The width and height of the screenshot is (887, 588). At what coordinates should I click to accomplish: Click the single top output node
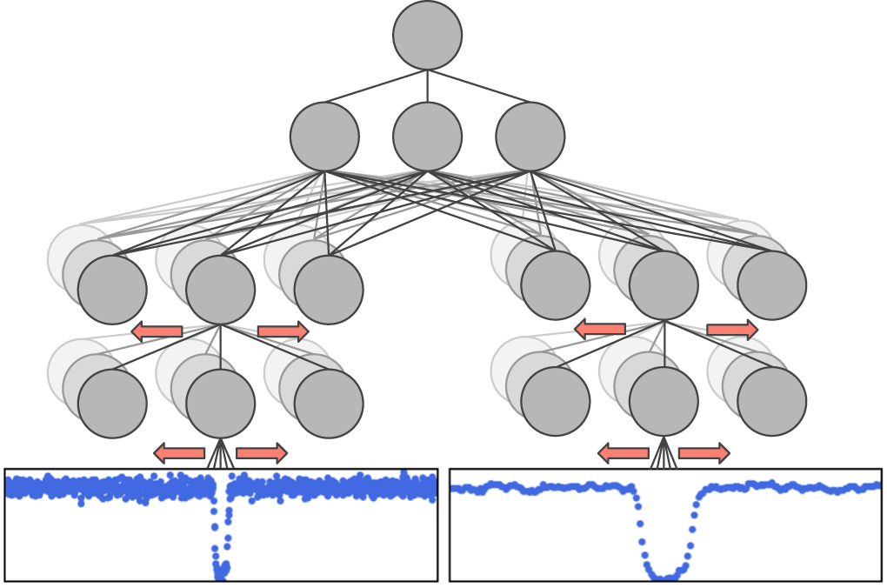tap(427, 36)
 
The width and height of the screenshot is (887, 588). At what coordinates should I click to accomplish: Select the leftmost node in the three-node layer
tap(324, 137)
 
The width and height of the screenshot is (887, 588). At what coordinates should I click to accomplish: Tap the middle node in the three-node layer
tap(427, 137)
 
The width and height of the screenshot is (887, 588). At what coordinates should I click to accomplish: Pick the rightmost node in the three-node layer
tap(530, 137)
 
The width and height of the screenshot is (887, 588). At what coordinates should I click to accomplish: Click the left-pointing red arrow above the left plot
tap(179, 453)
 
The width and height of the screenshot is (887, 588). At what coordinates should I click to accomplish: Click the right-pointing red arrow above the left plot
tap(262, 453)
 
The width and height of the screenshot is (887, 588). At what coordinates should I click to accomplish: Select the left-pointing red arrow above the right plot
tap(624, 453)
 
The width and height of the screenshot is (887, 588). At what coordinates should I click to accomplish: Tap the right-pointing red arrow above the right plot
tap(704, 453)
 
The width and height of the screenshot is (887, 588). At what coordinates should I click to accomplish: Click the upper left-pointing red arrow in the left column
tap(157, 331)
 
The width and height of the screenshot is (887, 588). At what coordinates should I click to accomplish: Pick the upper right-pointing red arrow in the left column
tap(283, 331)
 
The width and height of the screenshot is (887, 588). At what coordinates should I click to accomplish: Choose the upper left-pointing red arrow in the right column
tap(600, 329)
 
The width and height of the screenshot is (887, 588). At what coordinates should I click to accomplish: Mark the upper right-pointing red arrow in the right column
tap(732, 330)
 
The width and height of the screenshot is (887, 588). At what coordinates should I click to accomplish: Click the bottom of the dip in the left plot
tap(221, 572)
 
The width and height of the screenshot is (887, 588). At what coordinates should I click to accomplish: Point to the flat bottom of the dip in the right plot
tap(666, 577)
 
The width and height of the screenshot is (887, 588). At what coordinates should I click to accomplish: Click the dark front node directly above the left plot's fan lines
tap(221, 404)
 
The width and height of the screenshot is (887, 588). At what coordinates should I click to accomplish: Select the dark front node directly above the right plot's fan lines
tap(664, 401)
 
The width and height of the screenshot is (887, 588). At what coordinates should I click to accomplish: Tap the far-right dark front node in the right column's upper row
tap(771, 285)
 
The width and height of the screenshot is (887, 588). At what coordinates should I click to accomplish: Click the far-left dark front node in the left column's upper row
tap(112, 290)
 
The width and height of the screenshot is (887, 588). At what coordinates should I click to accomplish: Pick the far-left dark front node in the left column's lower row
tap(112, 404)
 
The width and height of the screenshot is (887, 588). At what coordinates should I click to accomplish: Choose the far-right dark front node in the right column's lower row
tap(771, 401)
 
